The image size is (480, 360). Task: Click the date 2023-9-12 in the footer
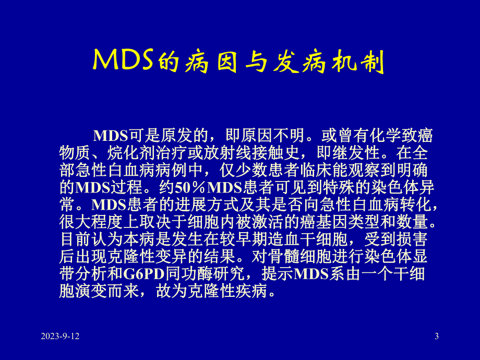pyautogui.click(x=60, y=337)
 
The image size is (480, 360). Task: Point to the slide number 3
pyautogui.click(x=437, y=337)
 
